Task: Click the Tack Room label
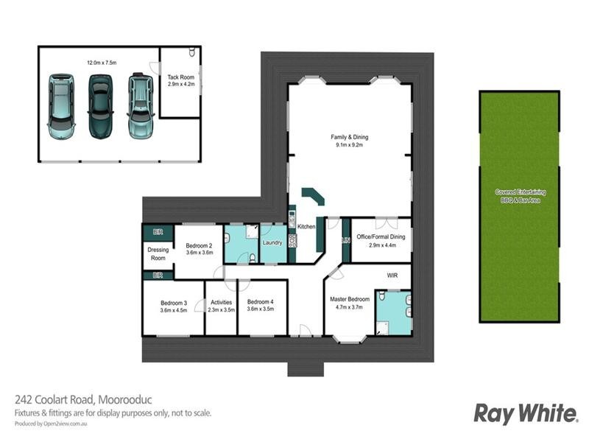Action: (181, 77)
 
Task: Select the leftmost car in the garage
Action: (61, 106)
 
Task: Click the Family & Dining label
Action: (349, 137)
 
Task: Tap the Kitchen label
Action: (306, 227)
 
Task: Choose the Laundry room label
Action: (273, 242)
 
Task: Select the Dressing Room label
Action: (158, 254)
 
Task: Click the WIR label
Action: (392, 276)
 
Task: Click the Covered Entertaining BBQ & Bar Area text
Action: (518, 196)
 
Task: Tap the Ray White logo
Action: (525, 413)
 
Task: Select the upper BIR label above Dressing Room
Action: (158, 232)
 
